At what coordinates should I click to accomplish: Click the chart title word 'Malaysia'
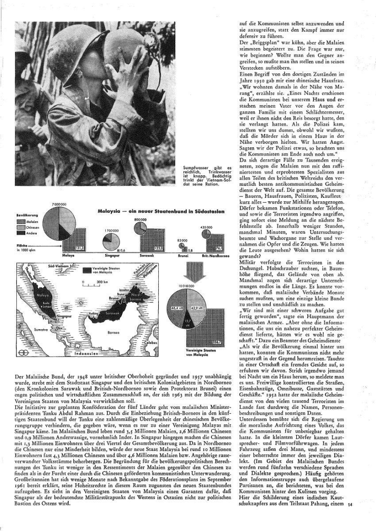pyautogui.click(x=108, y=211)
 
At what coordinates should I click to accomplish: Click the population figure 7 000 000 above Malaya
pyautogui.click(x=59, y=205)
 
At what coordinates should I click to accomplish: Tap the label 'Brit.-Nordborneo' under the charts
pyautogui.click(x=208, y=256)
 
